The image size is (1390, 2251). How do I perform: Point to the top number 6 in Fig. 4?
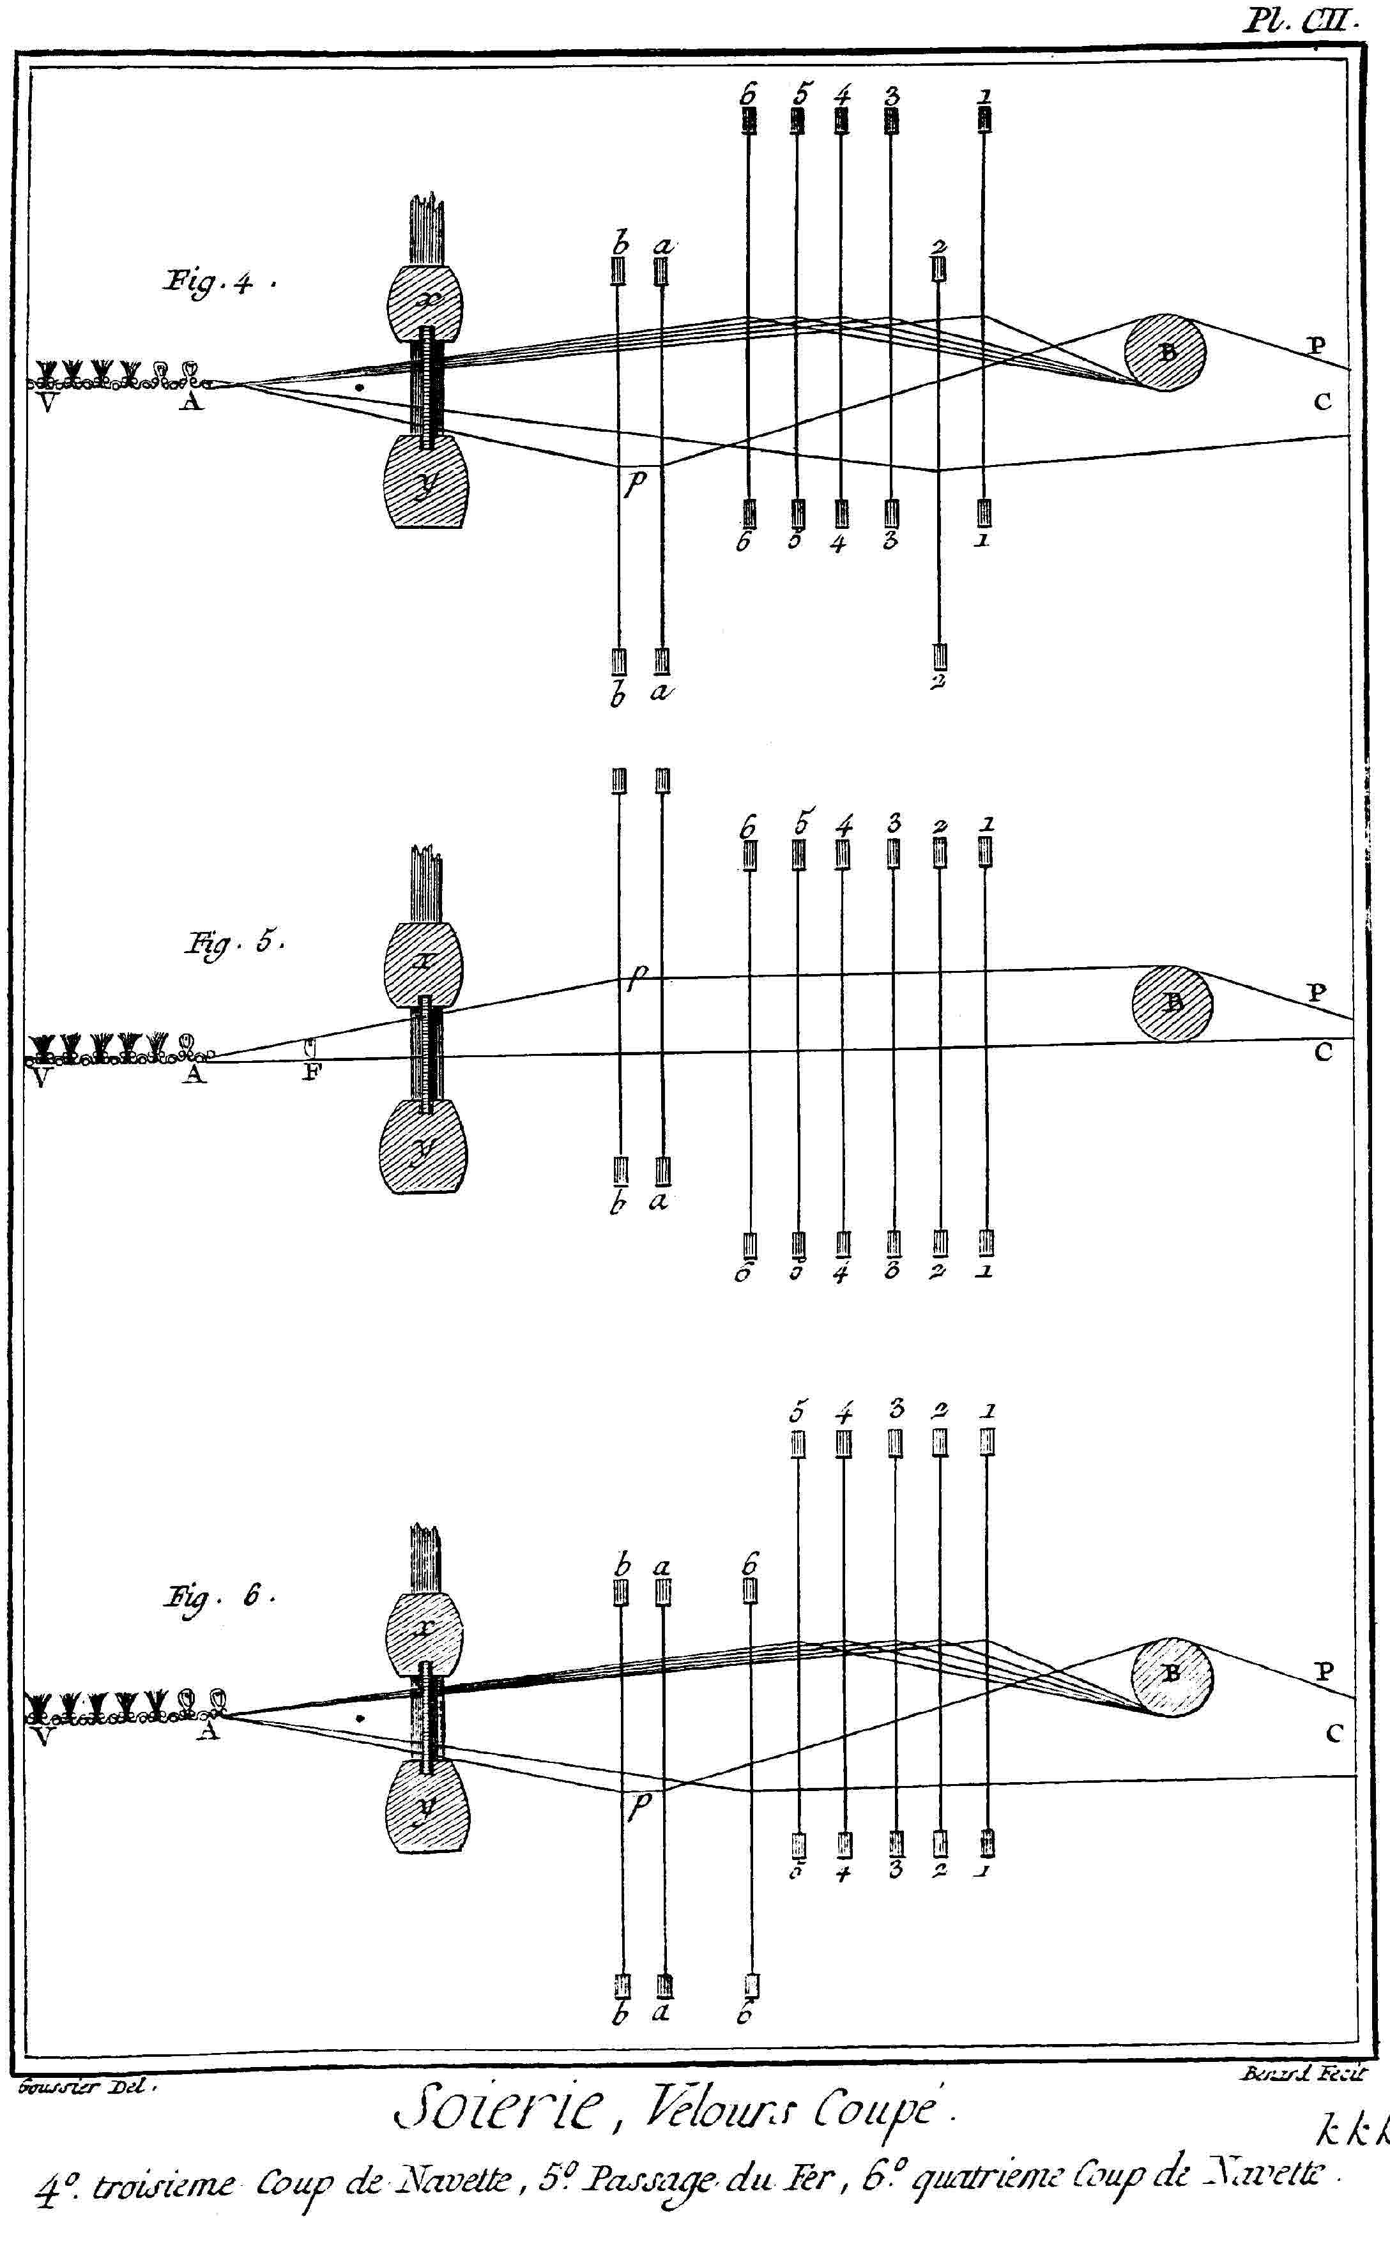click(x=747, y=93)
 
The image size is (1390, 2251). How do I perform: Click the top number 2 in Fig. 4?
click(x=938, y=247)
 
